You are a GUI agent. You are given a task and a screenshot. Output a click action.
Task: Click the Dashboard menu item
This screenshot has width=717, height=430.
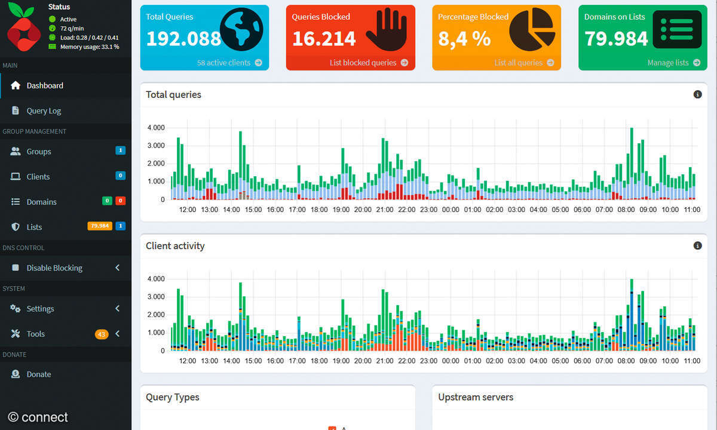[45, 85]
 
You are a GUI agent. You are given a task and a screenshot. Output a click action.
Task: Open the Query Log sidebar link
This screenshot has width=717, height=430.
[44, 111]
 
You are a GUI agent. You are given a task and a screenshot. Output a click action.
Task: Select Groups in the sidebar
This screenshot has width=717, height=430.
[39, 152]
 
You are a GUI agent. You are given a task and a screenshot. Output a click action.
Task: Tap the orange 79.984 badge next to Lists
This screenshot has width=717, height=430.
[100, 226]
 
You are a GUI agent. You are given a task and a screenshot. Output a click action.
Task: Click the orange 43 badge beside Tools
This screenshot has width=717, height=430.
[101, 334]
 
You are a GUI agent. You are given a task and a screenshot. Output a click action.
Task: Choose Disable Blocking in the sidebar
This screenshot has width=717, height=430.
[54, 268]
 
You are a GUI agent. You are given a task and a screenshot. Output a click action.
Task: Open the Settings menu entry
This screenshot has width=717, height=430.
[40, 309]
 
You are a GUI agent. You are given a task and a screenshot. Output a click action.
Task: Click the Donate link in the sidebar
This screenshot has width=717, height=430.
[39, 374]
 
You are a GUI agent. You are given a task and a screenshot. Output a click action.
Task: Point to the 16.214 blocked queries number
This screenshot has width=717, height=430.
[324, 39]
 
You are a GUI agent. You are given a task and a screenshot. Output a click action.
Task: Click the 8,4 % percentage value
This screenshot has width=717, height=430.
[464, 39]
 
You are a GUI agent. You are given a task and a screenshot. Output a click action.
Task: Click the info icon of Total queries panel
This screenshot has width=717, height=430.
[697, 94]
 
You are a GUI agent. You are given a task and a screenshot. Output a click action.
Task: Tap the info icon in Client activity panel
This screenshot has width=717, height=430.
[697, 245]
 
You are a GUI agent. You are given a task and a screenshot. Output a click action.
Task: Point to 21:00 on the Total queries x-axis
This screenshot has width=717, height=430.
[385, 210]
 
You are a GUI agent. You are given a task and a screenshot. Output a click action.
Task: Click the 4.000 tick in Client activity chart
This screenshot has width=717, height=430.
[155, 279]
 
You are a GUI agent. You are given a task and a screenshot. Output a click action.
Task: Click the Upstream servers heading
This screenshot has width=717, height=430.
[476, 397]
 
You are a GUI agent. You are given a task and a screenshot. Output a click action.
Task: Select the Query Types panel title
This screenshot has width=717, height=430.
[173, 397]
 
